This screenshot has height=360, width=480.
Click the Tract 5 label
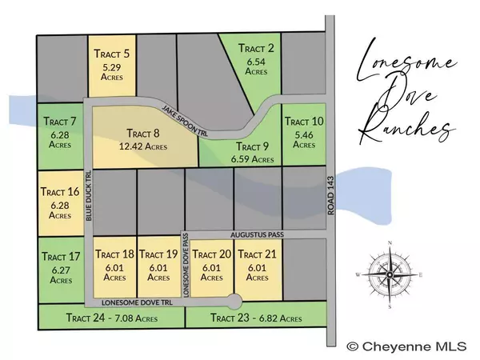click(112, 54)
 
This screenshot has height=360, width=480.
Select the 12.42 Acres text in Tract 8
click(144, 147)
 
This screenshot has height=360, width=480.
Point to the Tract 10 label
click(304, 122)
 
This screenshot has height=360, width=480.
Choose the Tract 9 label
click(253, 147)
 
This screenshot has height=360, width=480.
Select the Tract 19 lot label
click(157, 254)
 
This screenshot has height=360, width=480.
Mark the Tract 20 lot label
click(211, 254)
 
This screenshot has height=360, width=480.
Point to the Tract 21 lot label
click(258, 254)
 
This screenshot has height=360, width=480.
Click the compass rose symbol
click(389, 273)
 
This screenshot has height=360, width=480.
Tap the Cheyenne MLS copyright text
click(410, 346)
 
